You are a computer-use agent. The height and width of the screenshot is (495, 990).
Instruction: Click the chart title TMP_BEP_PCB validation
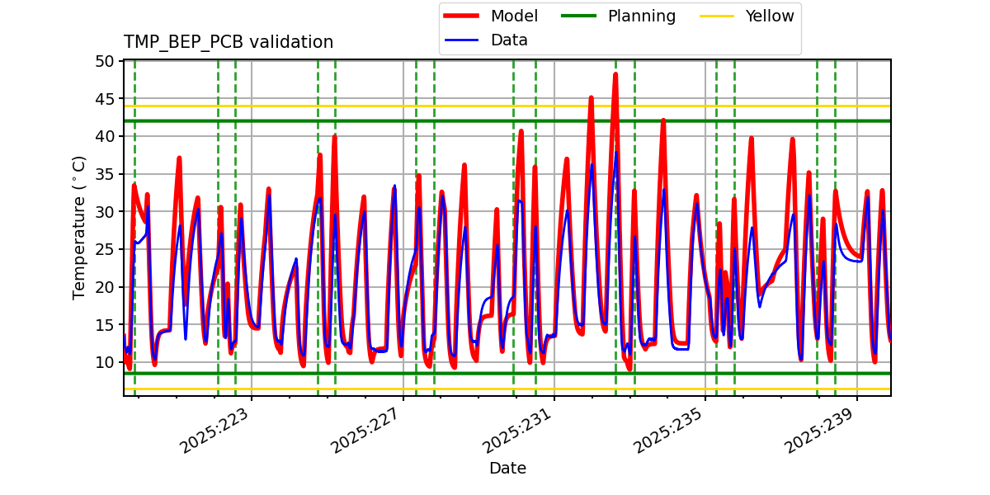point(229,42)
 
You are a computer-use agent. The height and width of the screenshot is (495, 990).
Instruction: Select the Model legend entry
point(513,16)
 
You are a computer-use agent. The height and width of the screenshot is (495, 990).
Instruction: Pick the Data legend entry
point(508,40)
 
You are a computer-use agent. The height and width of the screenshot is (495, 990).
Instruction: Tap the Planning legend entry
point(641,16)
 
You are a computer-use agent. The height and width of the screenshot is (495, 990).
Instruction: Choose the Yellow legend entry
point(769,16)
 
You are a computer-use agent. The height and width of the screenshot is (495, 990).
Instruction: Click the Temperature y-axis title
point(79,227)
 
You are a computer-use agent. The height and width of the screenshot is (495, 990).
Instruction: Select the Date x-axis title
point(507,469)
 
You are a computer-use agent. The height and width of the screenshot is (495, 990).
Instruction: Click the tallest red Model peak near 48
point(615,75)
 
